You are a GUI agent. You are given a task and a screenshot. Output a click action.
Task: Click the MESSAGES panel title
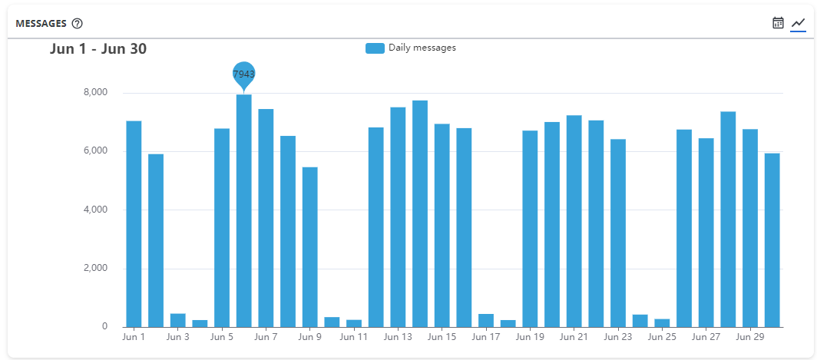[41, 23]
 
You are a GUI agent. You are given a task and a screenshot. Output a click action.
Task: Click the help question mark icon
[77, 23]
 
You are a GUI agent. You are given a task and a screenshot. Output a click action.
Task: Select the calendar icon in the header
[778, 23]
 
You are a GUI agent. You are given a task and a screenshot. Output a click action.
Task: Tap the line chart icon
[798, 23]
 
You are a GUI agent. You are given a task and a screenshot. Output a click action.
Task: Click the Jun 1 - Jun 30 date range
[98, 49]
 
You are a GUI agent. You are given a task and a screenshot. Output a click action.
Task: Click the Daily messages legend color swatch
[375, 48]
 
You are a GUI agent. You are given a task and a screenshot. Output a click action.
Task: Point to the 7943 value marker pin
[244, 74]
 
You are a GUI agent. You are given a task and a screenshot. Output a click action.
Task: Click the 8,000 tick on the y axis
[94, 93]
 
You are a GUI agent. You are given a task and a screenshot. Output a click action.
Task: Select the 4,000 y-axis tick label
[94, 210]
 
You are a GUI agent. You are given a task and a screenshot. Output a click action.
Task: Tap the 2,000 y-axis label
[94, 269]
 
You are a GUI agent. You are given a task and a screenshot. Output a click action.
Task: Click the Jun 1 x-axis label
[134, 336]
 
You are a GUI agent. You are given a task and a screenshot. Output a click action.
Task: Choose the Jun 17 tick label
[486, 336]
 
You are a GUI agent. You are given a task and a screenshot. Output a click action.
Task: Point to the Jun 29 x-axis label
[750, 336]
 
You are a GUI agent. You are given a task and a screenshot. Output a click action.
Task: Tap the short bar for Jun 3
[177, 320]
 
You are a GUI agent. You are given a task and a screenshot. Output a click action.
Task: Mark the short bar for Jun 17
[486, 320]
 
